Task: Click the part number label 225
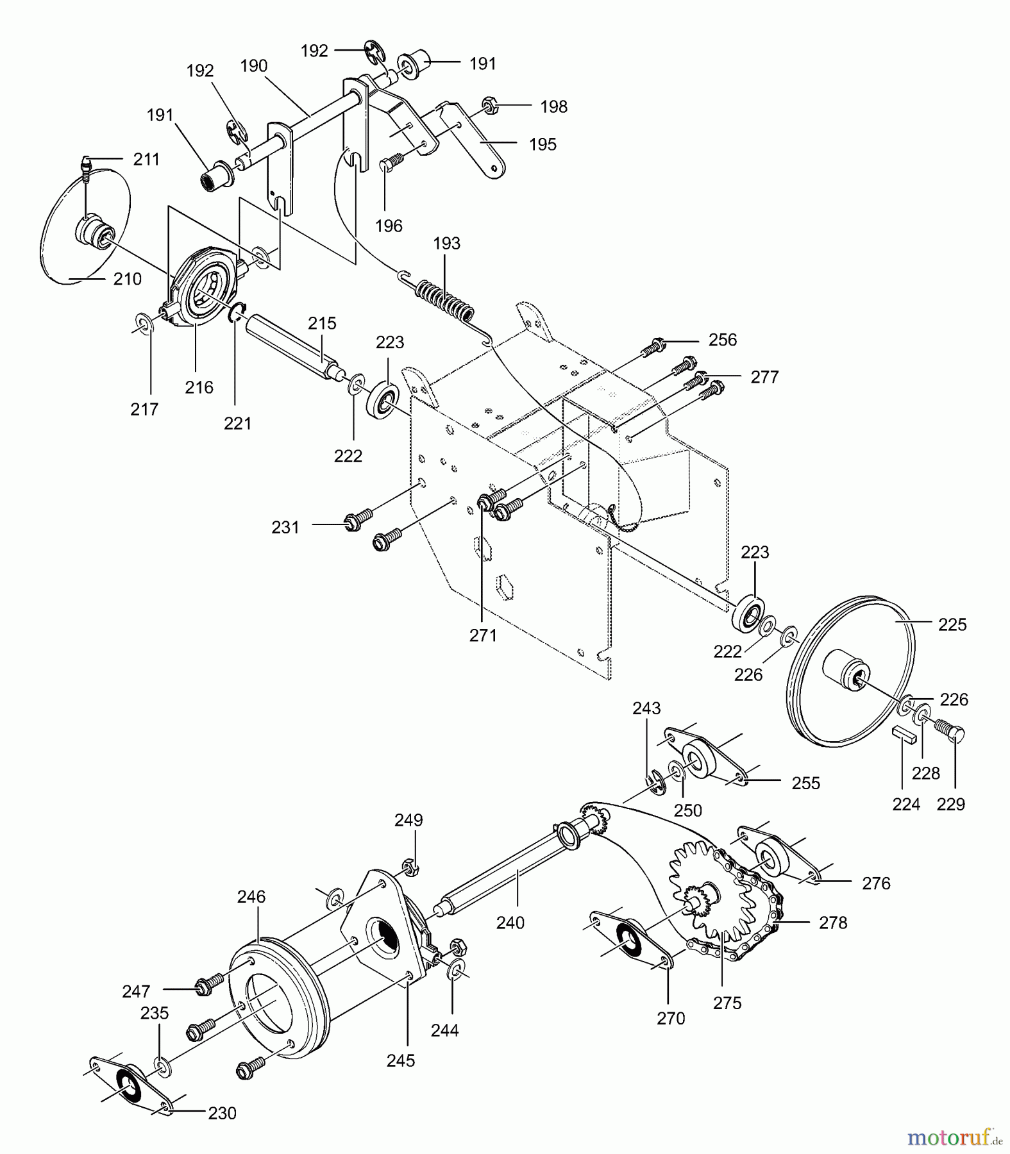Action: tap(952, 624)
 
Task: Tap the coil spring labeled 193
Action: tap(446, 299)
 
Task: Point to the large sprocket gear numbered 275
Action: tap(715, 898)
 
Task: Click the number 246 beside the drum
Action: tap(251, 896)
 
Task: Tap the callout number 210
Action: tap(127, 279)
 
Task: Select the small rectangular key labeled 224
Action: tap(904, 735)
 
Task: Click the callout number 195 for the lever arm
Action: tap(543, 144)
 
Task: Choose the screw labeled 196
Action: tap(391, 163)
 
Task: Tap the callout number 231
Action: tap(285, 527)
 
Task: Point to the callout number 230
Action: tap(222, 1113)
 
